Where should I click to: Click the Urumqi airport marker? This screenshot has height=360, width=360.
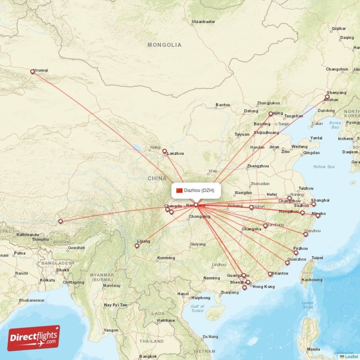click(32, 72)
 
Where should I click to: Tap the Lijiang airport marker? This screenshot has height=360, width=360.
click(137, 246)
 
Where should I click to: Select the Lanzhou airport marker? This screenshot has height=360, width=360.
click(165, 152)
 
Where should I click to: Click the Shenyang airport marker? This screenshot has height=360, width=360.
click(327, 97)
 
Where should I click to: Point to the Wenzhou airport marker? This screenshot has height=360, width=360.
click(306, 234)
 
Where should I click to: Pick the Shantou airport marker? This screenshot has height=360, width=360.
click(270, 274)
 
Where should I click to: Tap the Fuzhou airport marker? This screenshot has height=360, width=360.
click(296, 253)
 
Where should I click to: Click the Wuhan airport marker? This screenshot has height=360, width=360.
click(252, 207)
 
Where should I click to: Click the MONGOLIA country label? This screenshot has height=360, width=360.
click(164, 45)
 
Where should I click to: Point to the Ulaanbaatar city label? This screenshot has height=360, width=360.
click(204, 22)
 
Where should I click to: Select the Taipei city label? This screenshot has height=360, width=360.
click(317, 258)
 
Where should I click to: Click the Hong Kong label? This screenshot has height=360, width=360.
click(263, 287)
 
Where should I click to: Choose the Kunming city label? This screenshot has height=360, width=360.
click(166, 258)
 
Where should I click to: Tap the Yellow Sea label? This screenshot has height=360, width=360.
click(324, 167)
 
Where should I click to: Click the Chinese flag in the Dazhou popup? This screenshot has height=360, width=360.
click(180, 190)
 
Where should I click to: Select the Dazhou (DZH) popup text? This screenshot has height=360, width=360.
click(199, 190)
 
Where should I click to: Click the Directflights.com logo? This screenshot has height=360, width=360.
click(33, 338)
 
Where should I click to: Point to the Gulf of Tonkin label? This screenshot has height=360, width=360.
click(198, 309)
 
